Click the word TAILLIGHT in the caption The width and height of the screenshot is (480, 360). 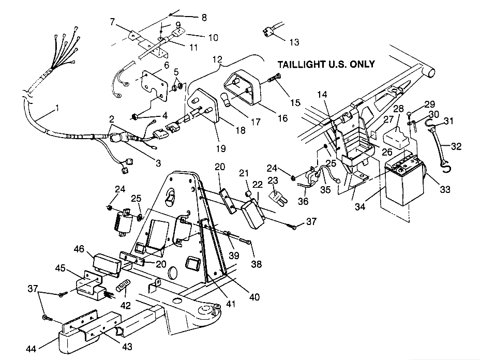click(x=302, y=65)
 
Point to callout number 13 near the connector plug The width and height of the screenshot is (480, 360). click(x=294, y=41)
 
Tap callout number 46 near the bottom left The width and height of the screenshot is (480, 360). click(x=79, y=249)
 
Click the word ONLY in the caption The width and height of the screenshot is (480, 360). click(x=361, y=65)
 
